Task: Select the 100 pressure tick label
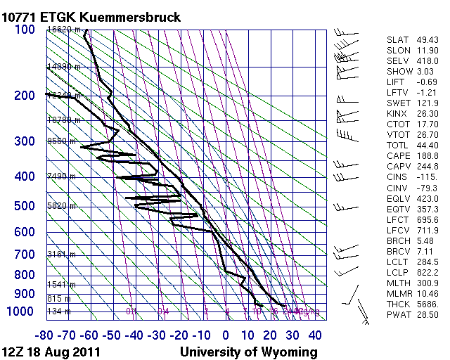pyautogui.click(x=25, y=30)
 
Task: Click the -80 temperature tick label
pyautogui.click(x=46, y=335)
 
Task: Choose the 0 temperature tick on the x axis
pyautogui.click(x=226, y=335)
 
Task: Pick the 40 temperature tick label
pyautogui.click(x=315, y=335)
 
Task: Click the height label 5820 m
pyautogui.click(x=60, y=205)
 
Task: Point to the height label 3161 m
pyautogui.click(x=60, y=254)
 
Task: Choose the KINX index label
pyautogui.click(x=397, y=112)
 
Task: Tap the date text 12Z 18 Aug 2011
pyautogui.click(x=51, y=352)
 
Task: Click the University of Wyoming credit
pyautogui.click(x=249, y=352)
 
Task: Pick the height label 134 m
pyautogui.click(x=58, y=311)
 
